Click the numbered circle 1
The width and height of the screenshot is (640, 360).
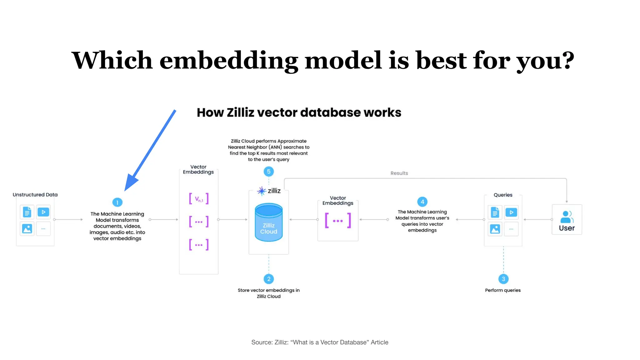point(117,202)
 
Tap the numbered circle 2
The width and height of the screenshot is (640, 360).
point(269,279)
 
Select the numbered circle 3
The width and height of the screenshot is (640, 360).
point(503,279)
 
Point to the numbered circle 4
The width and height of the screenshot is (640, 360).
point(422,202)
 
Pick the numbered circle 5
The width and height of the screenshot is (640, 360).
point(269,172)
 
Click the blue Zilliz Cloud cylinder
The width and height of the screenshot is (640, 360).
point(269,222)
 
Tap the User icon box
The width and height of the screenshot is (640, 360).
point(567,220)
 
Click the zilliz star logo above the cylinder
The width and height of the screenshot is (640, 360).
point(262,191)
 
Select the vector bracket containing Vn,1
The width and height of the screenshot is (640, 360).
point(199,199)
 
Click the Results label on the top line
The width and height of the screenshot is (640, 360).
point(399,173)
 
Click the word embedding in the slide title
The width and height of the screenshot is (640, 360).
point(229,61)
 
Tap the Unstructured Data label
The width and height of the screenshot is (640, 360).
point(35,195)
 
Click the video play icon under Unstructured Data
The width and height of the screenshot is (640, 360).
point(43,212)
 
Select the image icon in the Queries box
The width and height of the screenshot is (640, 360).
point(495,229)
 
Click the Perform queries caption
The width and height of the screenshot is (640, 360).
point(503,290)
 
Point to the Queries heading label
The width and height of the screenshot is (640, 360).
point(503,195)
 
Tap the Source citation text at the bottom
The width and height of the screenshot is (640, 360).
point(320,342)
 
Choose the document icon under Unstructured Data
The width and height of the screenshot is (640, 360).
point(27,212)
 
